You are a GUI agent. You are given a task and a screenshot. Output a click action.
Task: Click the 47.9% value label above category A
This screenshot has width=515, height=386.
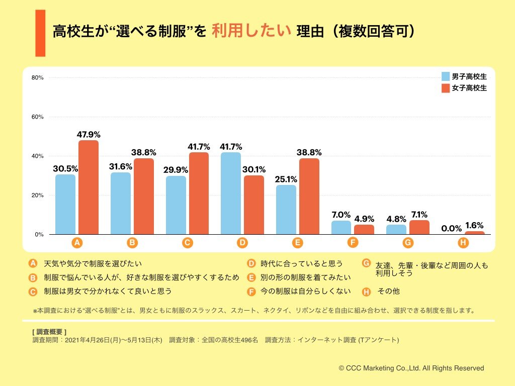click(x=89, y=134)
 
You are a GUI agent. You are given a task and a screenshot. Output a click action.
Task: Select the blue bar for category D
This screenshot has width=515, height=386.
click(x=231, y=193)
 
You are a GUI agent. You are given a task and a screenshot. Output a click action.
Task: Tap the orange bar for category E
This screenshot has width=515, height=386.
click(x=309, y=196)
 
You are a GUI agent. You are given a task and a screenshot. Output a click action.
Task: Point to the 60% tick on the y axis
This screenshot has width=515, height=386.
click(x=38, y=117)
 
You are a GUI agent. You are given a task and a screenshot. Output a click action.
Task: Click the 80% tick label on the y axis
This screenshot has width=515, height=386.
click(x=38, y=77)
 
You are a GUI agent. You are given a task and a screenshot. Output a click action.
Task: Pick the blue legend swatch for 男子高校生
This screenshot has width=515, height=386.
click(x=445, y=76)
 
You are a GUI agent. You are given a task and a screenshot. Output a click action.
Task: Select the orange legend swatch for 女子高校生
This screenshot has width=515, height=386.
click(x=445, y=88)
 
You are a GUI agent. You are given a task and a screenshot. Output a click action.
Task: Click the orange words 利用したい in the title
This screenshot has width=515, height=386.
click(x=251, y=31)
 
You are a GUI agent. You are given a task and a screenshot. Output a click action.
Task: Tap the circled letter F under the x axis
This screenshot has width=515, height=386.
click(x=353, y=243)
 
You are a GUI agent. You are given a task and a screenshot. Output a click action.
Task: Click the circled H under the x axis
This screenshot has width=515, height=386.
click(x=463, y=243)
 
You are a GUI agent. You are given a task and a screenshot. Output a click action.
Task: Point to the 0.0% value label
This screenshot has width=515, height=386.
click(x=451, y=228)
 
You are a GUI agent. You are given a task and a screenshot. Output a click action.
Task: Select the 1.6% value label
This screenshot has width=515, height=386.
click(x=475, y=225)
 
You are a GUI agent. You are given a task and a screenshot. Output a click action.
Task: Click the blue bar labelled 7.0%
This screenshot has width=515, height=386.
click(x=341, y=227)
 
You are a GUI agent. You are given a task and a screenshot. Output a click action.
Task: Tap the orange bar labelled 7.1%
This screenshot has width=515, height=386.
click(x=419, y=227)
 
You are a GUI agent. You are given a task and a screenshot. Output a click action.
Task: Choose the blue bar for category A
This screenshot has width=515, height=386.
click(x=65, y=204)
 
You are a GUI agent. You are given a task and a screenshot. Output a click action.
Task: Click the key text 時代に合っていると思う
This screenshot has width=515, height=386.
click(x=301, y=263)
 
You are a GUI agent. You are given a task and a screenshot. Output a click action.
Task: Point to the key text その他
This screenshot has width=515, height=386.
click(x=388, y=291)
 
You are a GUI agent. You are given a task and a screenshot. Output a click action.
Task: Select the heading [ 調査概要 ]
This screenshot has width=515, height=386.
click(x=49, y=332)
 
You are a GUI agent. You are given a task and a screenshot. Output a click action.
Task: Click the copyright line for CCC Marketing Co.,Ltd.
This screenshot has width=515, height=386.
click(x=411, y=368)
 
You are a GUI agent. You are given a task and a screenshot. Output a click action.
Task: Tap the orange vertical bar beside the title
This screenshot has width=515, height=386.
click(x=40, y=33)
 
